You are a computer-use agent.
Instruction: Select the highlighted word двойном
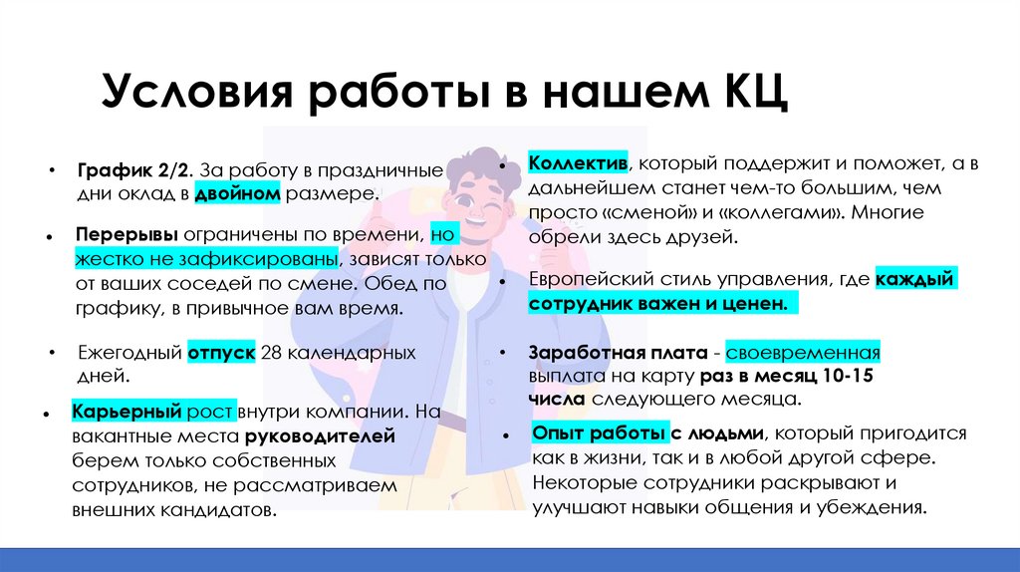coord(237,192)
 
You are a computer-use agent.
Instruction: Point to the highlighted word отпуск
coord(220,352)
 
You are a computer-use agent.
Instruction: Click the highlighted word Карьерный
coord(124,412)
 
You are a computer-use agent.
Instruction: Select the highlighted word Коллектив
coord(577,162)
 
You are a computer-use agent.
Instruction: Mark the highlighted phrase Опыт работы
coord(599,433)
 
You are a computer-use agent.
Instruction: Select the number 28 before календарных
coord(271,352)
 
